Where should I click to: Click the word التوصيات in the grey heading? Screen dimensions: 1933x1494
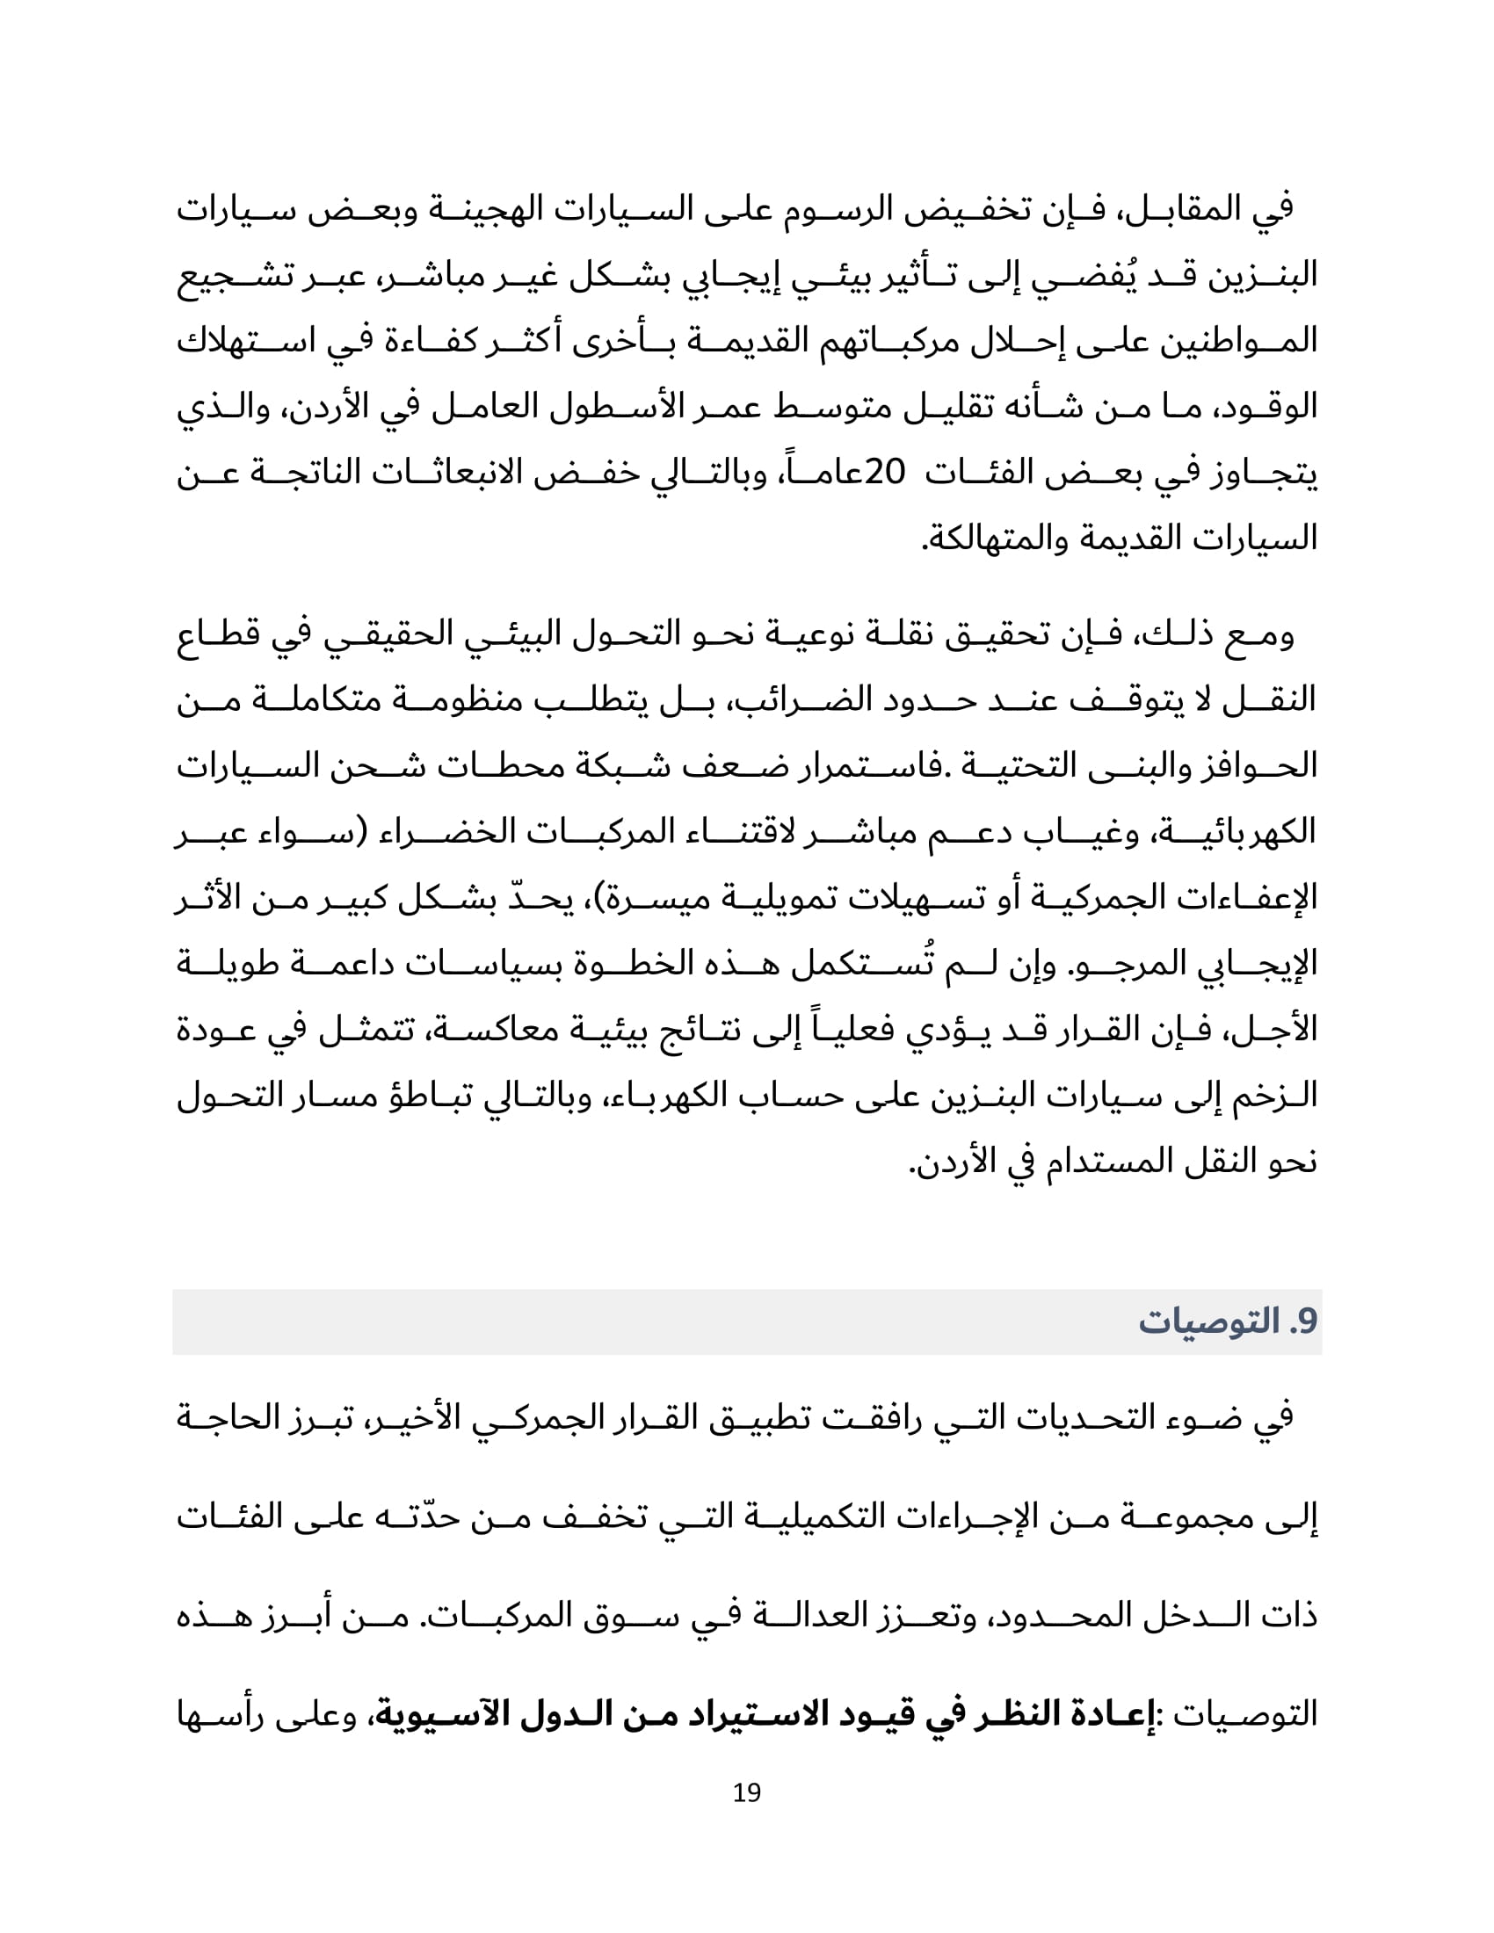click(x=1208, y=1321)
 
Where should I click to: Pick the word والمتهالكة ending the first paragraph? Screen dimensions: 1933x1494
click(x=983, y=539)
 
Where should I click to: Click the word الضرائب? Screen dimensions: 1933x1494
click(x=787, y=700)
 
